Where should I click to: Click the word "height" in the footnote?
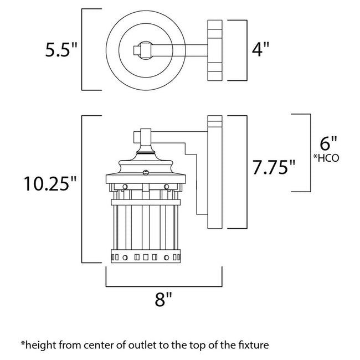tap(39, 344)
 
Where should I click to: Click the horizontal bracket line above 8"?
tap(163, 286)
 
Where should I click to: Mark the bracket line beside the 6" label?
tap(308, 152)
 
